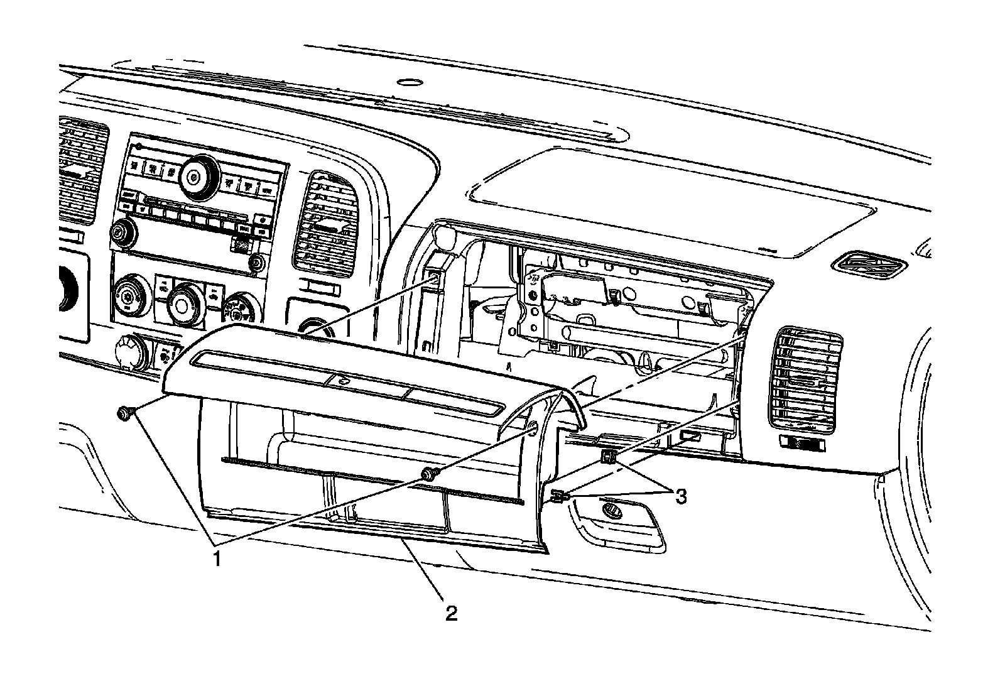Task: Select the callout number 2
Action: click(451, 612)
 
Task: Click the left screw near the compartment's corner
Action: click(123, 413)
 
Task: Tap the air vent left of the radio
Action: click(80, 170)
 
